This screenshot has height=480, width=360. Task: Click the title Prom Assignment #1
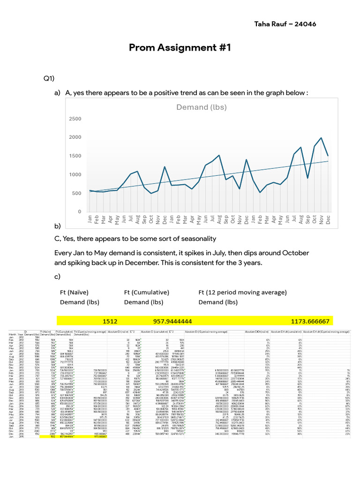[x=180, y=48]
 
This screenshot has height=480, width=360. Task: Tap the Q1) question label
[x=50, y=78]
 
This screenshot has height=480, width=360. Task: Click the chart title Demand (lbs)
[x=201, y=107]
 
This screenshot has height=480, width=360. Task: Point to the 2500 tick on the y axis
[x=75, y=119]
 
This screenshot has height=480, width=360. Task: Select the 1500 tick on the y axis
[x=75, y=156]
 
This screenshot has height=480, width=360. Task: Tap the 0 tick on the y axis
[x=80, y=212]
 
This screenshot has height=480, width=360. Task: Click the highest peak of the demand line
[x=321, y=138]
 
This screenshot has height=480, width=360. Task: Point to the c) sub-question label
[x=58, y=277]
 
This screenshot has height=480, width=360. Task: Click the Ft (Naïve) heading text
[x=76, y=293]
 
